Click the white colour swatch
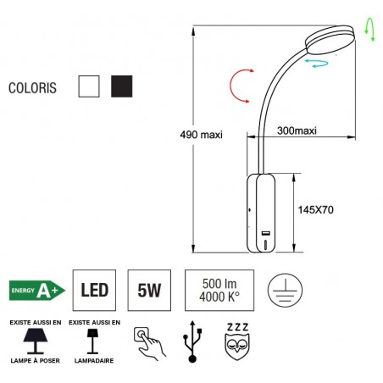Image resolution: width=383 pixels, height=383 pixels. tap(88, 86)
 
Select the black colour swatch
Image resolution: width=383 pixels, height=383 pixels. tap(122, 86)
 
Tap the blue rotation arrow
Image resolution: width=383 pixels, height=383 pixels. tap(318, 63)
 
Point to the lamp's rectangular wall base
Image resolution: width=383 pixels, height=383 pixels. tap(261, 213)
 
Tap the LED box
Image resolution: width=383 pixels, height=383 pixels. tap(93, 291)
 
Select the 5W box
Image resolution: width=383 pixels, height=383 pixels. tap(148, 291)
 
